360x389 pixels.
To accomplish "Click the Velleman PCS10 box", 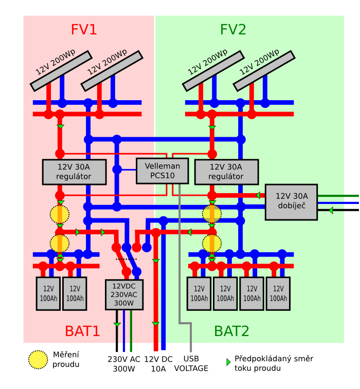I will tap(162, 171).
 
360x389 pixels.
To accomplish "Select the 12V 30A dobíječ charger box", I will tap(291, 201).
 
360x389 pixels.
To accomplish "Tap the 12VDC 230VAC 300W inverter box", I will tap(124, 294).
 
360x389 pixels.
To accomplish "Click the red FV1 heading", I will tap(84, 30).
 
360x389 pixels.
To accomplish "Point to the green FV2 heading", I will tap(233, 30).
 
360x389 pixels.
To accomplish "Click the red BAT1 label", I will tap(82, 331).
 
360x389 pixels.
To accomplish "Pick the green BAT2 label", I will tap(231, 331).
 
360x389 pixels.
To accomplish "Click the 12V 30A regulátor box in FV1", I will tap(74, 172).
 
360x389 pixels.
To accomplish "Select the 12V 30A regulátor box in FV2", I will tap(226, 172).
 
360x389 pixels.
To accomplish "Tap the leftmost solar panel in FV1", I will tap(61, 70).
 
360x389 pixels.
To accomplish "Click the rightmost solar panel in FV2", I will tap(264, 70).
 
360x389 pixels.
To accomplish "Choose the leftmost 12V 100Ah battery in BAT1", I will tap(48, 293).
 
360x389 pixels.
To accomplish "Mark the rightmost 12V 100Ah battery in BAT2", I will tap(278, 293).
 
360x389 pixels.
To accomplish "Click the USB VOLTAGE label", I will tap(191, 363).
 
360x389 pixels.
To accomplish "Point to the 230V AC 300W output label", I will tap(123, 363).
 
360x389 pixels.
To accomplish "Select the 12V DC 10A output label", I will tap(158, 363).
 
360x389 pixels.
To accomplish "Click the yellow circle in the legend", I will tap(38, 360).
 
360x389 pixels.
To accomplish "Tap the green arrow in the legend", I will tap(228, 362).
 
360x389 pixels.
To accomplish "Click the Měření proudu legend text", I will tap(66, 360).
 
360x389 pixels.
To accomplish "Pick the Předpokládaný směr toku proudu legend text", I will tap(274, 363).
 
